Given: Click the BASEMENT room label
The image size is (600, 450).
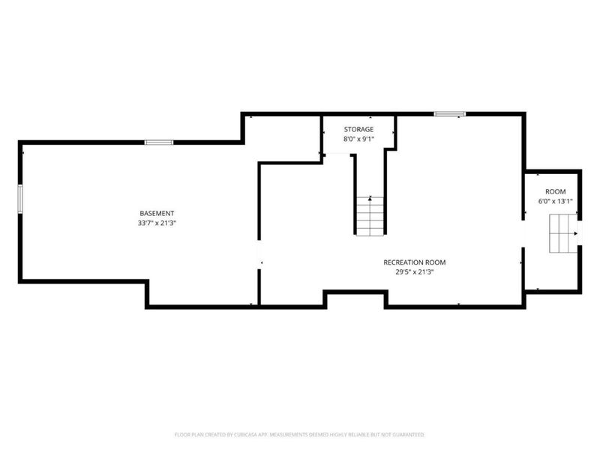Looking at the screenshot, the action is pos(157,214).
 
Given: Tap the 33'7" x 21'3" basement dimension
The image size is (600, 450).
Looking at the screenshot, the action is pos(157,223).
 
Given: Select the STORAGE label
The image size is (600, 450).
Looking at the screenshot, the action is pos(358,129).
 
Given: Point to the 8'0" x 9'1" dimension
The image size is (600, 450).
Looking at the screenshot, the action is pos(358,139).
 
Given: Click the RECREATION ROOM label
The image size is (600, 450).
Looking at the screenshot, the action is pos(415,262).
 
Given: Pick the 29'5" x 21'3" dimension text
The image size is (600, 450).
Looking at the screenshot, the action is pos(415,272).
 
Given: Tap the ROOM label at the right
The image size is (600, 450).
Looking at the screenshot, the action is pos(555,192).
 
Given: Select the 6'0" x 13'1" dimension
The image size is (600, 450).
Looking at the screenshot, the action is pos(555,202).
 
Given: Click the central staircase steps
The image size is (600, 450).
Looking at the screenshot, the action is pos(370,216).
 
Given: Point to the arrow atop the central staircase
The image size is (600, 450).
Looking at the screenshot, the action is pos(370,198).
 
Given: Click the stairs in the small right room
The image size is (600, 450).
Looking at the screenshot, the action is pos(563,233).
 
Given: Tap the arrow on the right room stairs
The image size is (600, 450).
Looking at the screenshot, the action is pos(575,233).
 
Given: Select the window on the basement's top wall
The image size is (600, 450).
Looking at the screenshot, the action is pos(159,142).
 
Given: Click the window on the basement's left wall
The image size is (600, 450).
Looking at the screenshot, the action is pos(20,199).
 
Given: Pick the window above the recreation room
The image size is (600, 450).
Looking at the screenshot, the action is pos(450,114).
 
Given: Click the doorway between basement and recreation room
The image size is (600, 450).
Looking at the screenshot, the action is pos(259,255).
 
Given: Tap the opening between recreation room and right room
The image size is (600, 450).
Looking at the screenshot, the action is pos(523,234).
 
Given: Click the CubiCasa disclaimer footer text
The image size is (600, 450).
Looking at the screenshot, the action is pos(299,435).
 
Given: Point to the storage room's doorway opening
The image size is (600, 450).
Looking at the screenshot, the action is pos(337,154).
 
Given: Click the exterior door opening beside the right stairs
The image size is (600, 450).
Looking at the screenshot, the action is pos(580,233).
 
